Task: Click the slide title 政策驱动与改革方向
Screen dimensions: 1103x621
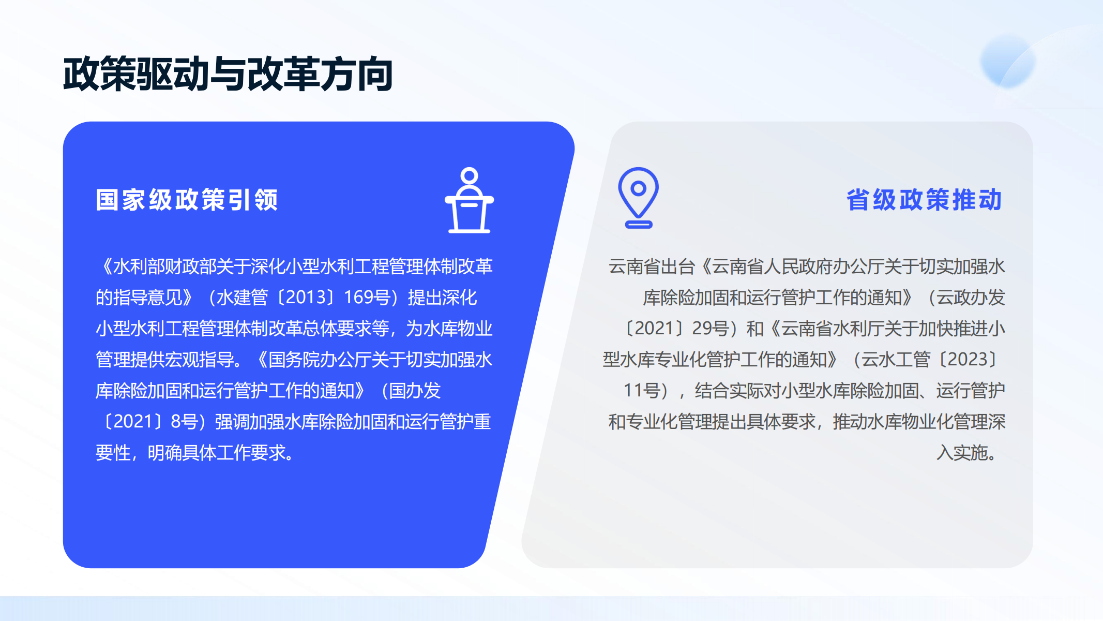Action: click(228, 74)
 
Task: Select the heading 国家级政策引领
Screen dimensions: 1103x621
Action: click(187, 200)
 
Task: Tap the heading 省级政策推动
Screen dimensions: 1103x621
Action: click(925, 200)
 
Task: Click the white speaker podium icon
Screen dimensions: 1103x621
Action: click(469, 200)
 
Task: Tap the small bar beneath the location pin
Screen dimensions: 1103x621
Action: click(639, 225)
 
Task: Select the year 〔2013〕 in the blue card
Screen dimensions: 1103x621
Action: click(306, 298)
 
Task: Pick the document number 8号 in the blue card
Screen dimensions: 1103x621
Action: click(184, 422)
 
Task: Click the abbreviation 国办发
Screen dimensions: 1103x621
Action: click(415, 391)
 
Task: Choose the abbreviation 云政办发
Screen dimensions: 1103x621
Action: click(971, 298)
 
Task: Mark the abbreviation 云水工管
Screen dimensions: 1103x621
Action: click(896, 360)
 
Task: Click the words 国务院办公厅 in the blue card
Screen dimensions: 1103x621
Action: click(320, 360)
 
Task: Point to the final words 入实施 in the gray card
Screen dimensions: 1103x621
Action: click(962, 453)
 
